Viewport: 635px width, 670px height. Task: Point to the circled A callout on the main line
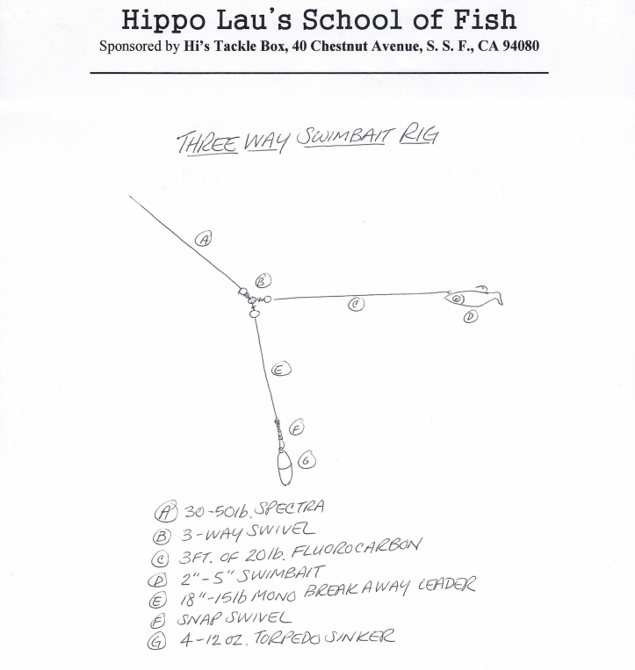pyautogui.click(x=204, y=238)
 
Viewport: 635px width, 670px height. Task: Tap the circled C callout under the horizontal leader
pyautogui.click(x=356, y=305)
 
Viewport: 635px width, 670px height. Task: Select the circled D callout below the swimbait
pyautogui.click(x=471, y=316)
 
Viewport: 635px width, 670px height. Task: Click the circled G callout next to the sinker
pyautogui.click(x=307, y=459)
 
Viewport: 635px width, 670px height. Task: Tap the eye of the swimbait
pyautogui.click(x=458, y=299)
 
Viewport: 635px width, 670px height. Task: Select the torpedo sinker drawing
pyautogui.click(x=284, y=467)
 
